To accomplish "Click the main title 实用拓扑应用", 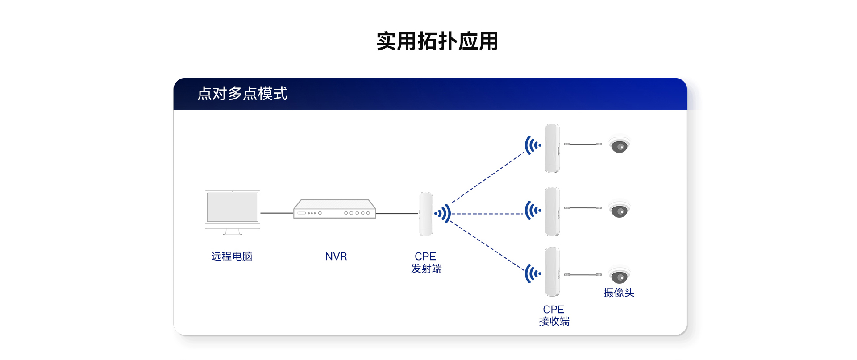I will (x=437, y=41).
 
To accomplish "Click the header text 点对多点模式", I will (x=242, y=94).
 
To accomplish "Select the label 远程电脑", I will (x=232, y=257).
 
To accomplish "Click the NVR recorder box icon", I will (x=335, y=209).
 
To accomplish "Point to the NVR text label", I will (x=336, y=257).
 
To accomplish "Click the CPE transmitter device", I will (x=426, y=214).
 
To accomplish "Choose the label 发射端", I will (x=426, y=269).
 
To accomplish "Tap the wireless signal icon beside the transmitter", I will (x=443, y=214).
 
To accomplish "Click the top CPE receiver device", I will (x=552, y=148).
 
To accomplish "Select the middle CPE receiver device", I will (x=552, y=211).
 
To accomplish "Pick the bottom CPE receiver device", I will (x=552, y=272).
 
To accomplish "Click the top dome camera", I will (x=620, y=145).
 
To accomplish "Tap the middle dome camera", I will (x=620, y=210).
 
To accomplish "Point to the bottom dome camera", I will (x=620, y=277).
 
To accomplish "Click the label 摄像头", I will (x=619, y=293).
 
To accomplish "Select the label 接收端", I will (x=554, y=322).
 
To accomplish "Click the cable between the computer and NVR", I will (x=277, y=213).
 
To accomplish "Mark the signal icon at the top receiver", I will (x=533, y=145).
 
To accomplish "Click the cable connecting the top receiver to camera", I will (x=583, y=144).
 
